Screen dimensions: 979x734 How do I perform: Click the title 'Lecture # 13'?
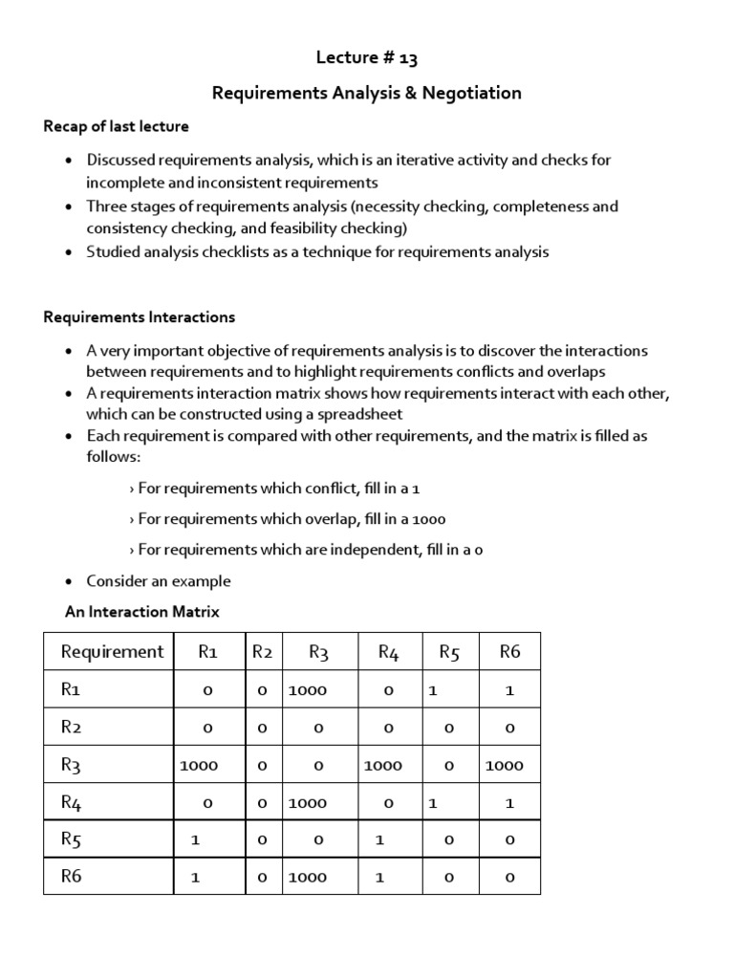(x=367, y=58)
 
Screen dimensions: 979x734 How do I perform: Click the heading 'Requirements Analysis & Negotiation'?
(x=367, y=93)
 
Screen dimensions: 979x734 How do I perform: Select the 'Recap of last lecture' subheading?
(x=116, y=126)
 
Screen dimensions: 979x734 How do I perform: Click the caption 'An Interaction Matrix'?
(x=141, y=611)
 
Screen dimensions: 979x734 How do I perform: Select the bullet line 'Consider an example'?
(x=158, y=580)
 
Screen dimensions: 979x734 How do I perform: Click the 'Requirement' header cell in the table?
(x=113, y=652)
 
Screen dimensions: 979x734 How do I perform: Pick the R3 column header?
(x=318, y=652)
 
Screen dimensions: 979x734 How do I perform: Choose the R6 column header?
(x=509, y=652)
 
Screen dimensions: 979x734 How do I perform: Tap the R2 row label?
(x=72, y=728)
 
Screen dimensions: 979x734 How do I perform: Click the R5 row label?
(x=72, y=839)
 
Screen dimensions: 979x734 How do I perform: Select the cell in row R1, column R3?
(x=308, y=690)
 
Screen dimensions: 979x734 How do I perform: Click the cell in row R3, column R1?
(x=199, y=765)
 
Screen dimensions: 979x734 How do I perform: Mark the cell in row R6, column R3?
(x=308, y=877)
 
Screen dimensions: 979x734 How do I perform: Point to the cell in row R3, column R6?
(x=505, y=765)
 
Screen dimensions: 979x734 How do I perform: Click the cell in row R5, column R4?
(x=379, y=839)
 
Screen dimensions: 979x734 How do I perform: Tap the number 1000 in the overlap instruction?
(x=428, y=518)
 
